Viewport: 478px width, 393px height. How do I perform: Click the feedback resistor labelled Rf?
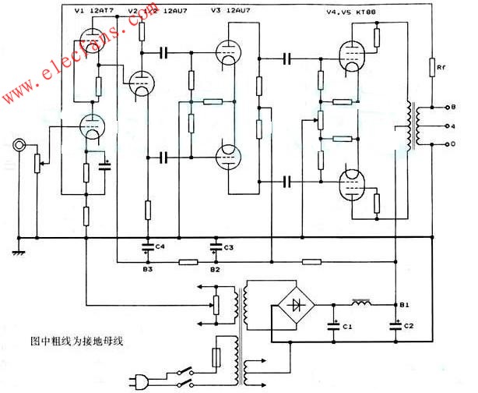tap(431, 69)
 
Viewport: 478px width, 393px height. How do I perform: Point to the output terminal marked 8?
tap(443, 106)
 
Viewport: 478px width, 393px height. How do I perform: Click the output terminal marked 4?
tap(443, 125)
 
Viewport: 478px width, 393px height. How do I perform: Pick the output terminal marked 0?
tap(443, 144)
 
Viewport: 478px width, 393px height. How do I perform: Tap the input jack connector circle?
tap(18, 146)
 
